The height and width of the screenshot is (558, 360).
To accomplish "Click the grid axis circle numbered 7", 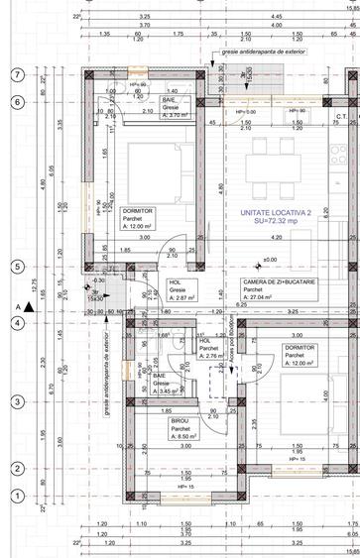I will [x=16, y=75].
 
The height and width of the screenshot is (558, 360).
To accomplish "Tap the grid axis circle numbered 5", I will [x=16, y=267].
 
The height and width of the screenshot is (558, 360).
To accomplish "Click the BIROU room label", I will [x=157, y=421].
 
